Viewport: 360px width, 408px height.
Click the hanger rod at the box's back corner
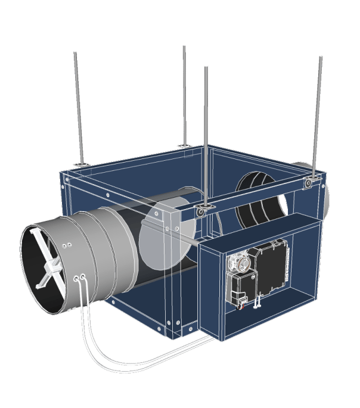tap(184, 95)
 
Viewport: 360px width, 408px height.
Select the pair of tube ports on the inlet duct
tap(79, 278)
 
